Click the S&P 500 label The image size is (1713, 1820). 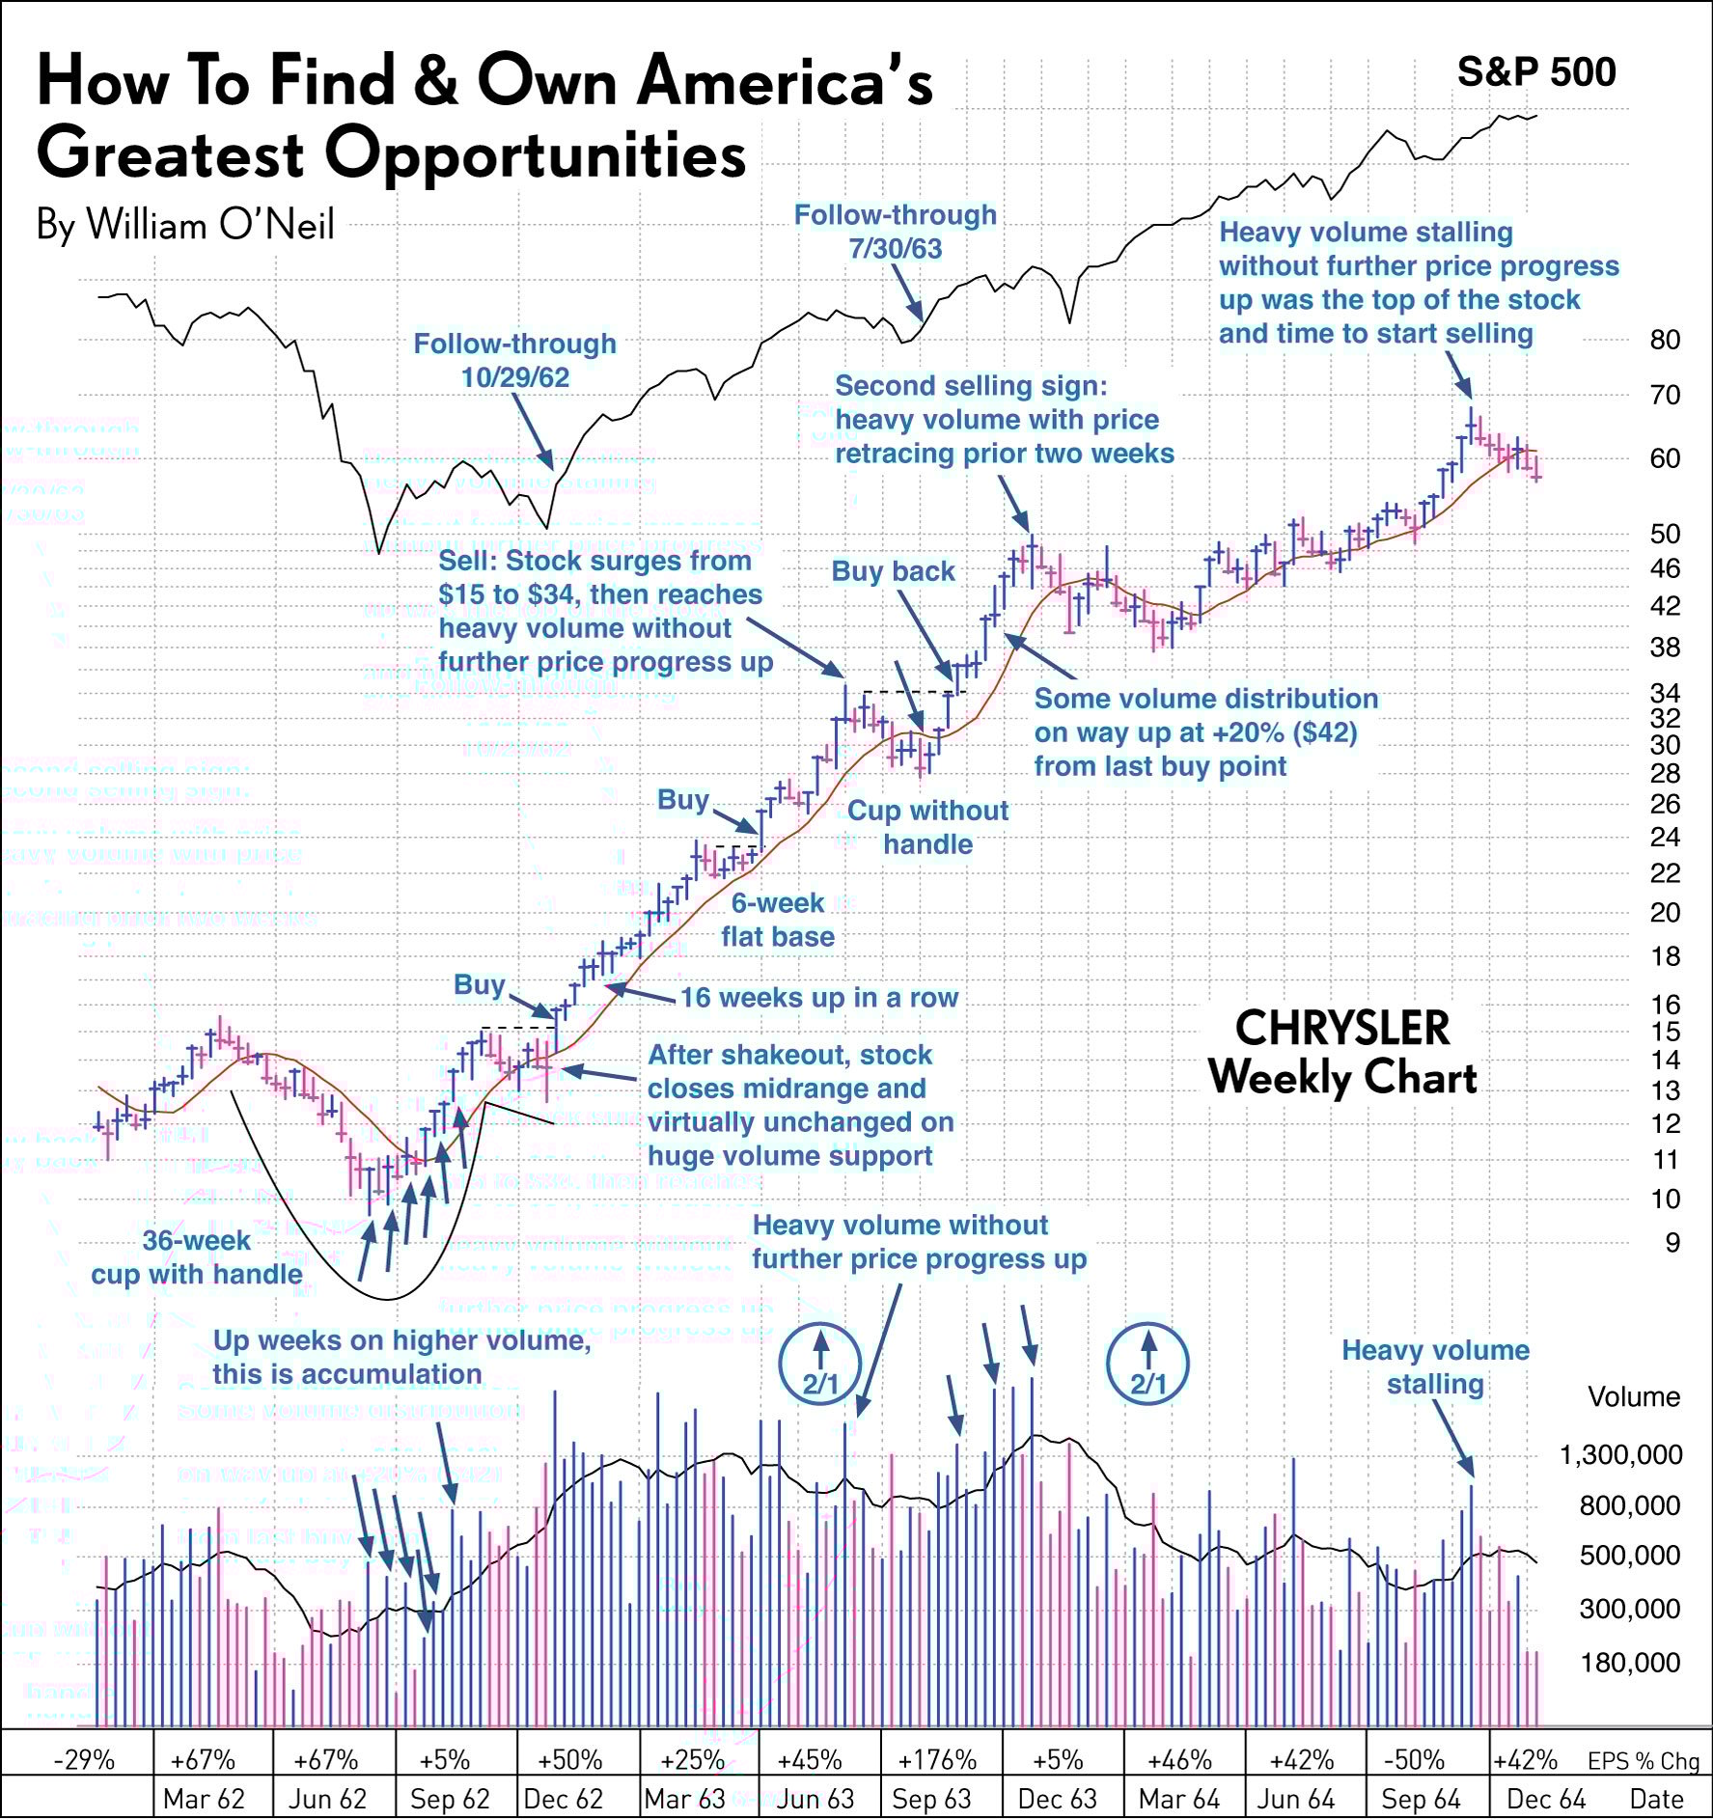pos(1535,72)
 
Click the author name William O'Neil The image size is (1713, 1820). pos(185,225)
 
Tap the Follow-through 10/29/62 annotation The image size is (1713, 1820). pos(514,360)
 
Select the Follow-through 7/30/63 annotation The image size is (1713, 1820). pos(895,232)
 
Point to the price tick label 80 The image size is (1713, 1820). pos(1664,340)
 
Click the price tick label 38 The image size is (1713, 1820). pos(1664,648)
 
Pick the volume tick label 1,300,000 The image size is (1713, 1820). pos(1620,1454)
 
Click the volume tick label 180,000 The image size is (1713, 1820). pos(1629,1663)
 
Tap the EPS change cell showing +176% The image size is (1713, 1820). pos(936,1760)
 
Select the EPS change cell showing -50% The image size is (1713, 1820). pos(1414,1760)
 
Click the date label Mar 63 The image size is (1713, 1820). pos(684,1800)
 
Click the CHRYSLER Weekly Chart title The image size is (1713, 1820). pos(1342,1054)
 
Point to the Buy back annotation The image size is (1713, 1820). pos(893,571)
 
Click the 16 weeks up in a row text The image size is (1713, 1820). pos(818,998)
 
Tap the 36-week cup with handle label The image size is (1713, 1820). pos(197,1257)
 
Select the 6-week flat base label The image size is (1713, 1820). pos(778,920)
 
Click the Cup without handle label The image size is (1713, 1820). pos(927,827)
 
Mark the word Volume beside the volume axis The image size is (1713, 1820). pos(1633,1396)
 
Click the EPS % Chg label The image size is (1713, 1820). pos(1643,1761)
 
